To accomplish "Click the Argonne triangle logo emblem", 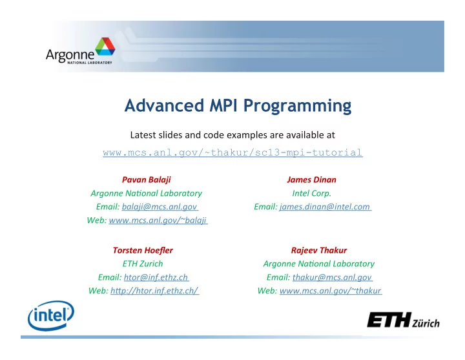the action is pyautogui.click(x=105, y=47).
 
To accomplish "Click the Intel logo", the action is pyautogui.click(x=51, y=315).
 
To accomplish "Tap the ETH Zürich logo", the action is pyautogui.click(x=403, y=320).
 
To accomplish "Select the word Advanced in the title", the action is pyautogui.click(x=165, y=105).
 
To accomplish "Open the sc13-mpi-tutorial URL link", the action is pyautogui.click(x=232, y=153).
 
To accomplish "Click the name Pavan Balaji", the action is pyautogui.click(x=147, y=180).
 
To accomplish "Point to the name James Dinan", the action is pyautogui.click(x=312, y=180).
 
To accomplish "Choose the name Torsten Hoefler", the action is pyautogui.click(x=143, y=250).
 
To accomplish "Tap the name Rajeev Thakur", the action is pyautogui.click(x=319, y=250).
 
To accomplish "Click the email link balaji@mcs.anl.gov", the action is pyautogui.click(x=160, y=207).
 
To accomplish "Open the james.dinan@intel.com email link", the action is pyautogui.click(x=325, y=207).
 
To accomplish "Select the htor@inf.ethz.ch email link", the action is pyautogui.click(x=156, y=277).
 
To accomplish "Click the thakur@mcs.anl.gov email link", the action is pyautogui.click(x=332, y=277).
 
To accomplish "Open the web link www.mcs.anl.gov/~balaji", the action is pyautogui.click(x=158, y=220).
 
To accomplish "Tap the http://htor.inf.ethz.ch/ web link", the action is pyautogui.click(x=154, y=291).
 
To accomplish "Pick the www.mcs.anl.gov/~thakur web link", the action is pyautogui.click(x=331, y=291).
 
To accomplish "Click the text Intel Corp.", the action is pyautogui.click(x=312, y=193).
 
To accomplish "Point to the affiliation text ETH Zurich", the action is pyautogui.click(x=143, y=264).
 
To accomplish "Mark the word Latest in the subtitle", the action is pyautogui.click(x=143, y=135).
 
